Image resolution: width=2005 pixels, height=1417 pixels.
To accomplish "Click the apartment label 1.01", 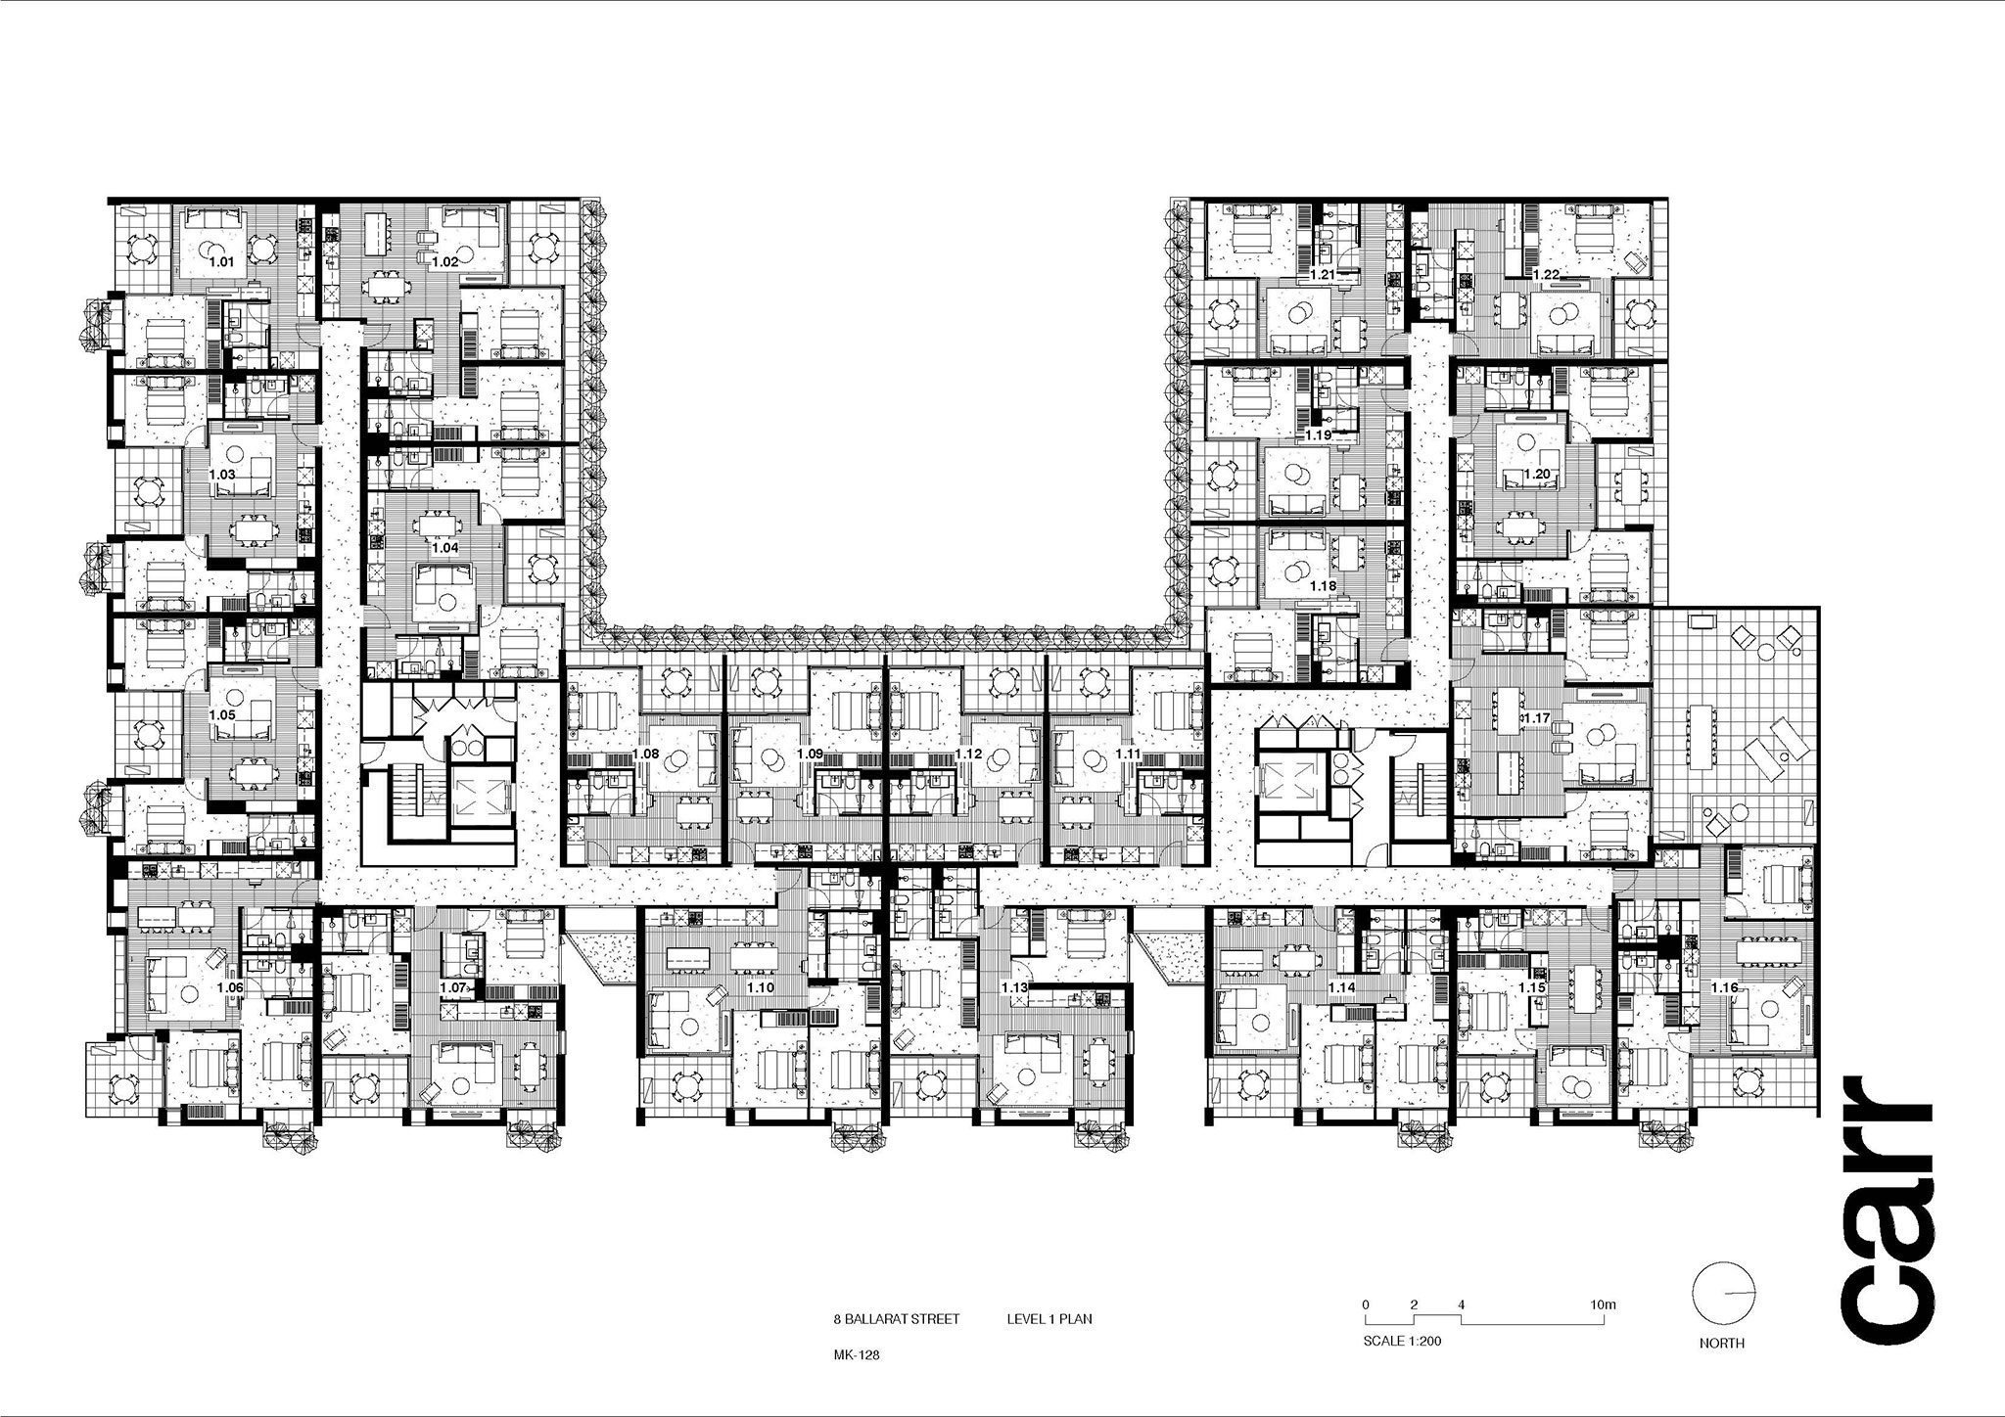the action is click(x=221, y=262).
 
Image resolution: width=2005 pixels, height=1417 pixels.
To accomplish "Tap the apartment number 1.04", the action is click(x=444, y=548).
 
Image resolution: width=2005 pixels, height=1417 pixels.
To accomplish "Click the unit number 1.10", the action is click(x=760, y=988).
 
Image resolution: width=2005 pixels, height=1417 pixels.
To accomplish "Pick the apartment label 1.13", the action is click(x=1015, y=988).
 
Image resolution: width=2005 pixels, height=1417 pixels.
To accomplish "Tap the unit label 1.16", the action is click(x=1724, y=988).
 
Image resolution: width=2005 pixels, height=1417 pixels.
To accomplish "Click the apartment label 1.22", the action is click(x=1546, y=275).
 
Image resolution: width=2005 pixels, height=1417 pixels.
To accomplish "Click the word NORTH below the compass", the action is click(x=1722, y=1344).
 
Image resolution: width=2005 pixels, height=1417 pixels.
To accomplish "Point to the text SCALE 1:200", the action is click(x=1402, y=1341).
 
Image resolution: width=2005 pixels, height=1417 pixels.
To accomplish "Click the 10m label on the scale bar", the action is click(x=1603, y=1304).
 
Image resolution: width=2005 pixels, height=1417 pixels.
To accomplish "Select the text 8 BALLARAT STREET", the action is click(x=897, y=1319).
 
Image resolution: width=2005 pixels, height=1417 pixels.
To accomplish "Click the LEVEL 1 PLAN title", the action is click(x=1049, y=1319).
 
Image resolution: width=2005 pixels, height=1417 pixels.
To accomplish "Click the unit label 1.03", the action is click(x=222, y=474).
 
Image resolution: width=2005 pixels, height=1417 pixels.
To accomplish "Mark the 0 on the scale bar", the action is click(x=1366, y=1304).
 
